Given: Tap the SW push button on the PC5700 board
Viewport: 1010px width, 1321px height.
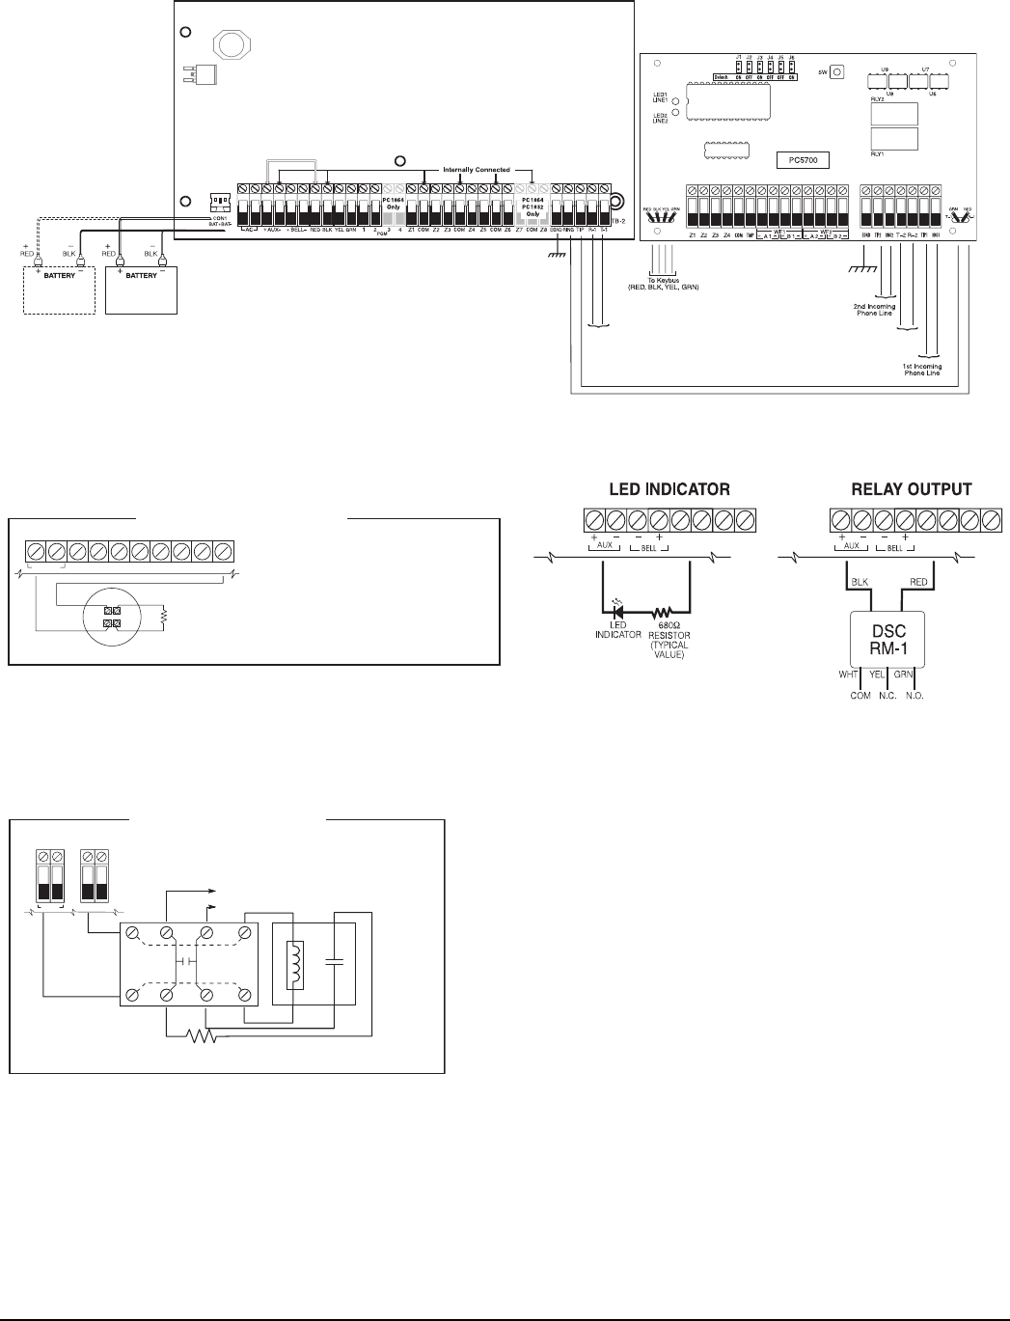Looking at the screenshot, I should pos(837,71).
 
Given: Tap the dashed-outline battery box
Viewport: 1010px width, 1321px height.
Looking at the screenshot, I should pos(59,291).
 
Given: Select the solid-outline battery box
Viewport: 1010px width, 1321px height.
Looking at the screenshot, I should pos(141,291).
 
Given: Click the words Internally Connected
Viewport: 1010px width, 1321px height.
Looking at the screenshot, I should pos(476,169).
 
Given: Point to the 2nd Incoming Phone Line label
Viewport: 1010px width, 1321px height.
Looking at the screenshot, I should pos(873,311).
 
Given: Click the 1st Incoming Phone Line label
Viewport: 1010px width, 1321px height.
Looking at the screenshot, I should pos(921,369).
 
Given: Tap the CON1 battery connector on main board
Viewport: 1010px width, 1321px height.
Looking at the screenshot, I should pos(220,203).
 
